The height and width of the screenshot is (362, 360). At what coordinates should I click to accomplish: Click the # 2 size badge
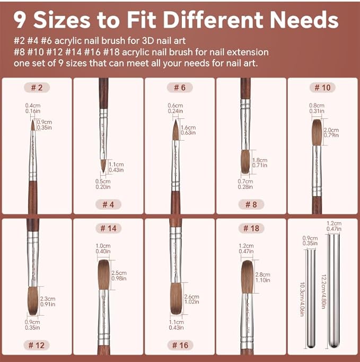click(37, 88)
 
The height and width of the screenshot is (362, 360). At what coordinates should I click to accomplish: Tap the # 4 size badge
click(108, 204)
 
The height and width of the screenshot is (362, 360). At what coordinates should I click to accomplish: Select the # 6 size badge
click(180, 88)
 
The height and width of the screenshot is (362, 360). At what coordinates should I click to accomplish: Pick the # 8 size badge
click(251, 204)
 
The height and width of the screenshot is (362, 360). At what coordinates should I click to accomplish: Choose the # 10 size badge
click(323, 88)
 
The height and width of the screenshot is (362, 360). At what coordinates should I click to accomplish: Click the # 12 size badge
click(37, 345)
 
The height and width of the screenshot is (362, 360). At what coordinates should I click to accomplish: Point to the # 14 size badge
click(108, 228)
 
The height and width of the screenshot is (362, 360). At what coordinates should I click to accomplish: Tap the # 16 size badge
click(180, 345)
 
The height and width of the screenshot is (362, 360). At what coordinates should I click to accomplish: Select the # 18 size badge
click(251, 228)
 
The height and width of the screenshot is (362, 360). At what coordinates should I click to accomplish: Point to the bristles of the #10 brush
click(317, 133)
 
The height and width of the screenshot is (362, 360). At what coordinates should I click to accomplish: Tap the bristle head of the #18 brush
click(247, 277)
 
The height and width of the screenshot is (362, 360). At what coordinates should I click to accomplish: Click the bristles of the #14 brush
click(103, 275)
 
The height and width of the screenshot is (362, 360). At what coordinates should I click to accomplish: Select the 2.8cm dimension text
click(262, 274)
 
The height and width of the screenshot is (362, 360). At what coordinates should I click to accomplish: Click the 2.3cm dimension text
click(48, 299)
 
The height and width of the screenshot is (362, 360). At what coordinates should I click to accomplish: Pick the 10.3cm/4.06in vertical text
click(302, 299)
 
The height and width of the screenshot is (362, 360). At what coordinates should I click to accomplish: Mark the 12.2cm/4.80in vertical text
click(323, 292)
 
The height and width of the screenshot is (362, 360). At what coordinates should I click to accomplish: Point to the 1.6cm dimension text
click(188, 127)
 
